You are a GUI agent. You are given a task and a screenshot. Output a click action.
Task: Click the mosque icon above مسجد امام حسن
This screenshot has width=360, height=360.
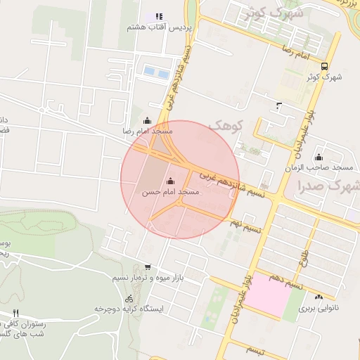(x=169, y=180)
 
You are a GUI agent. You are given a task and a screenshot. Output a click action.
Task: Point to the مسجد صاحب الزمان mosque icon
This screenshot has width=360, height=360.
(x=319, y=157)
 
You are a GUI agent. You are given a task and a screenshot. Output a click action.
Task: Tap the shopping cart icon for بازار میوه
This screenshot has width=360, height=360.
(x=147, y=266)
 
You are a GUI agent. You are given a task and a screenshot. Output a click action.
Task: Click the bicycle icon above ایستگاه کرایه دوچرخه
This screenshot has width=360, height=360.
(x=129, y=297)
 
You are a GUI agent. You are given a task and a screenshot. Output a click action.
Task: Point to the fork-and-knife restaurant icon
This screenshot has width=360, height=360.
(x=15, y=314)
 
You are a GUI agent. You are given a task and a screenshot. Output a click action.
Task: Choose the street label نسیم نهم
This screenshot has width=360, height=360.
(x=247, y=226)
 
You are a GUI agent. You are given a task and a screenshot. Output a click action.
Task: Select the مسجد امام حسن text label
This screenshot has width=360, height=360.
(x=170, y=192)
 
